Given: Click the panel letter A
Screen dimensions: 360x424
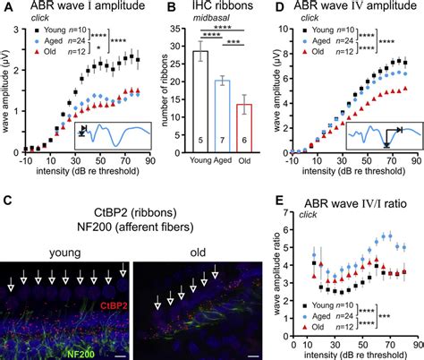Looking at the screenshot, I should [6, 8].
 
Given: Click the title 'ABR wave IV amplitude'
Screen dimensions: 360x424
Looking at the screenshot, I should [349, 8].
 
